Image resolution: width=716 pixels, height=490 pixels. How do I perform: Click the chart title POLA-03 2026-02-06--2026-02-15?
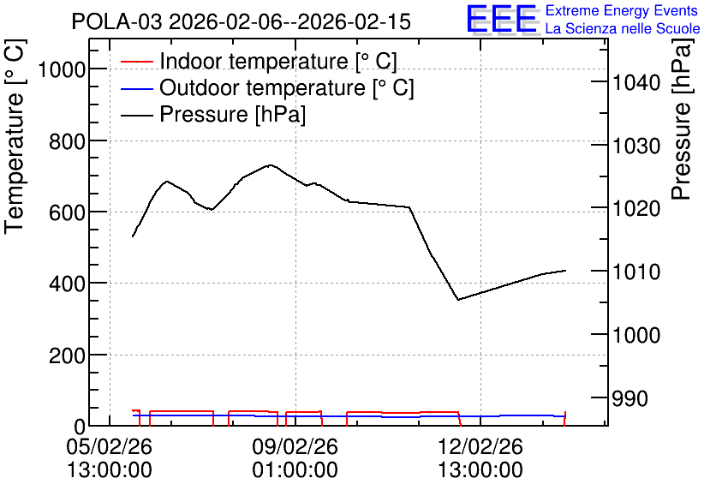[242, 21]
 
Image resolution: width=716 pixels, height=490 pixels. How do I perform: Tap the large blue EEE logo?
[502, 19]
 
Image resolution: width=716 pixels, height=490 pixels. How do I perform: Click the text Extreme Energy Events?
[622, 10]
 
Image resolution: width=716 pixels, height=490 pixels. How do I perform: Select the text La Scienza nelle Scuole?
[623, 29]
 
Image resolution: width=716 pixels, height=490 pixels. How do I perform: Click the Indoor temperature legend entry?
[259, 61]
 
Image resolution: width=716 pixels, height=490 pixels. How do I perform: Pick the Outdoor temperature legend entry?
[267, 87]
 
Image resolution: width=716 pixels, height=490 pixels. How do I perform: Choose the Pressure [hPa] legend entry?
[213, 114]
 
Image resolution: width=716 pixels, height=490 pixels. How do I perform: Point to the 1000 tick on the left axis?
[62, 70]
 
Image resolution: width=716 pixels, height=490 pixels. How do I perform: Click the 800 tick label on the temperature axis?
[67, 141]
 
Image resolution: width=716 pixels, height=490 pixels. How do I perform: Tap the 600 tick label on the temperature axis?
[67, 212]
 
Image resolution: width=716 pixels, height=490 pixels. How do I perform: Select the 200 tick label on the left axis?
[67, 356]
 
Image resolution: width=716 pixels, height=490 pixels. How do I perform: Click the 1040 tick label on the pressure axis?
[636, 82]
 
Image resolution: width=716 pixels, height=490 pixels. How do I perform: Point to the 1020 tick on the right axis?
[636, 209]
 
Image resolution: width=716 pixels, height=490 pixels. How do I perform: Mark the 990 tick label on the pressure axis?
[630, 398]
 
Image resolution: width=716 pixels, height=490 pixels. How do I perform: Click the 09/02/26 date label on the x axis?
[295, 446]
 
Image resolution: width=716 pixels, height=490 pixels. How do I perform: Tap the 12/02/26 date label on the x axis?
[480, 446]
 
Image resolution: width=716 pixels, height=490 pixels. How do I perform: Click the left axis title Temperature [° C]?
[15, 136]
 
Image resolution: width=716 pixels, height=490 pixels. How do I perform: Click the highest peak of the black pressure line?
[271, 164]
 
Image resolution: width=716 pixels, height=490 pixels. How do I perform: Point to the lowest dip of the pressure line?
[458, 300]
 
